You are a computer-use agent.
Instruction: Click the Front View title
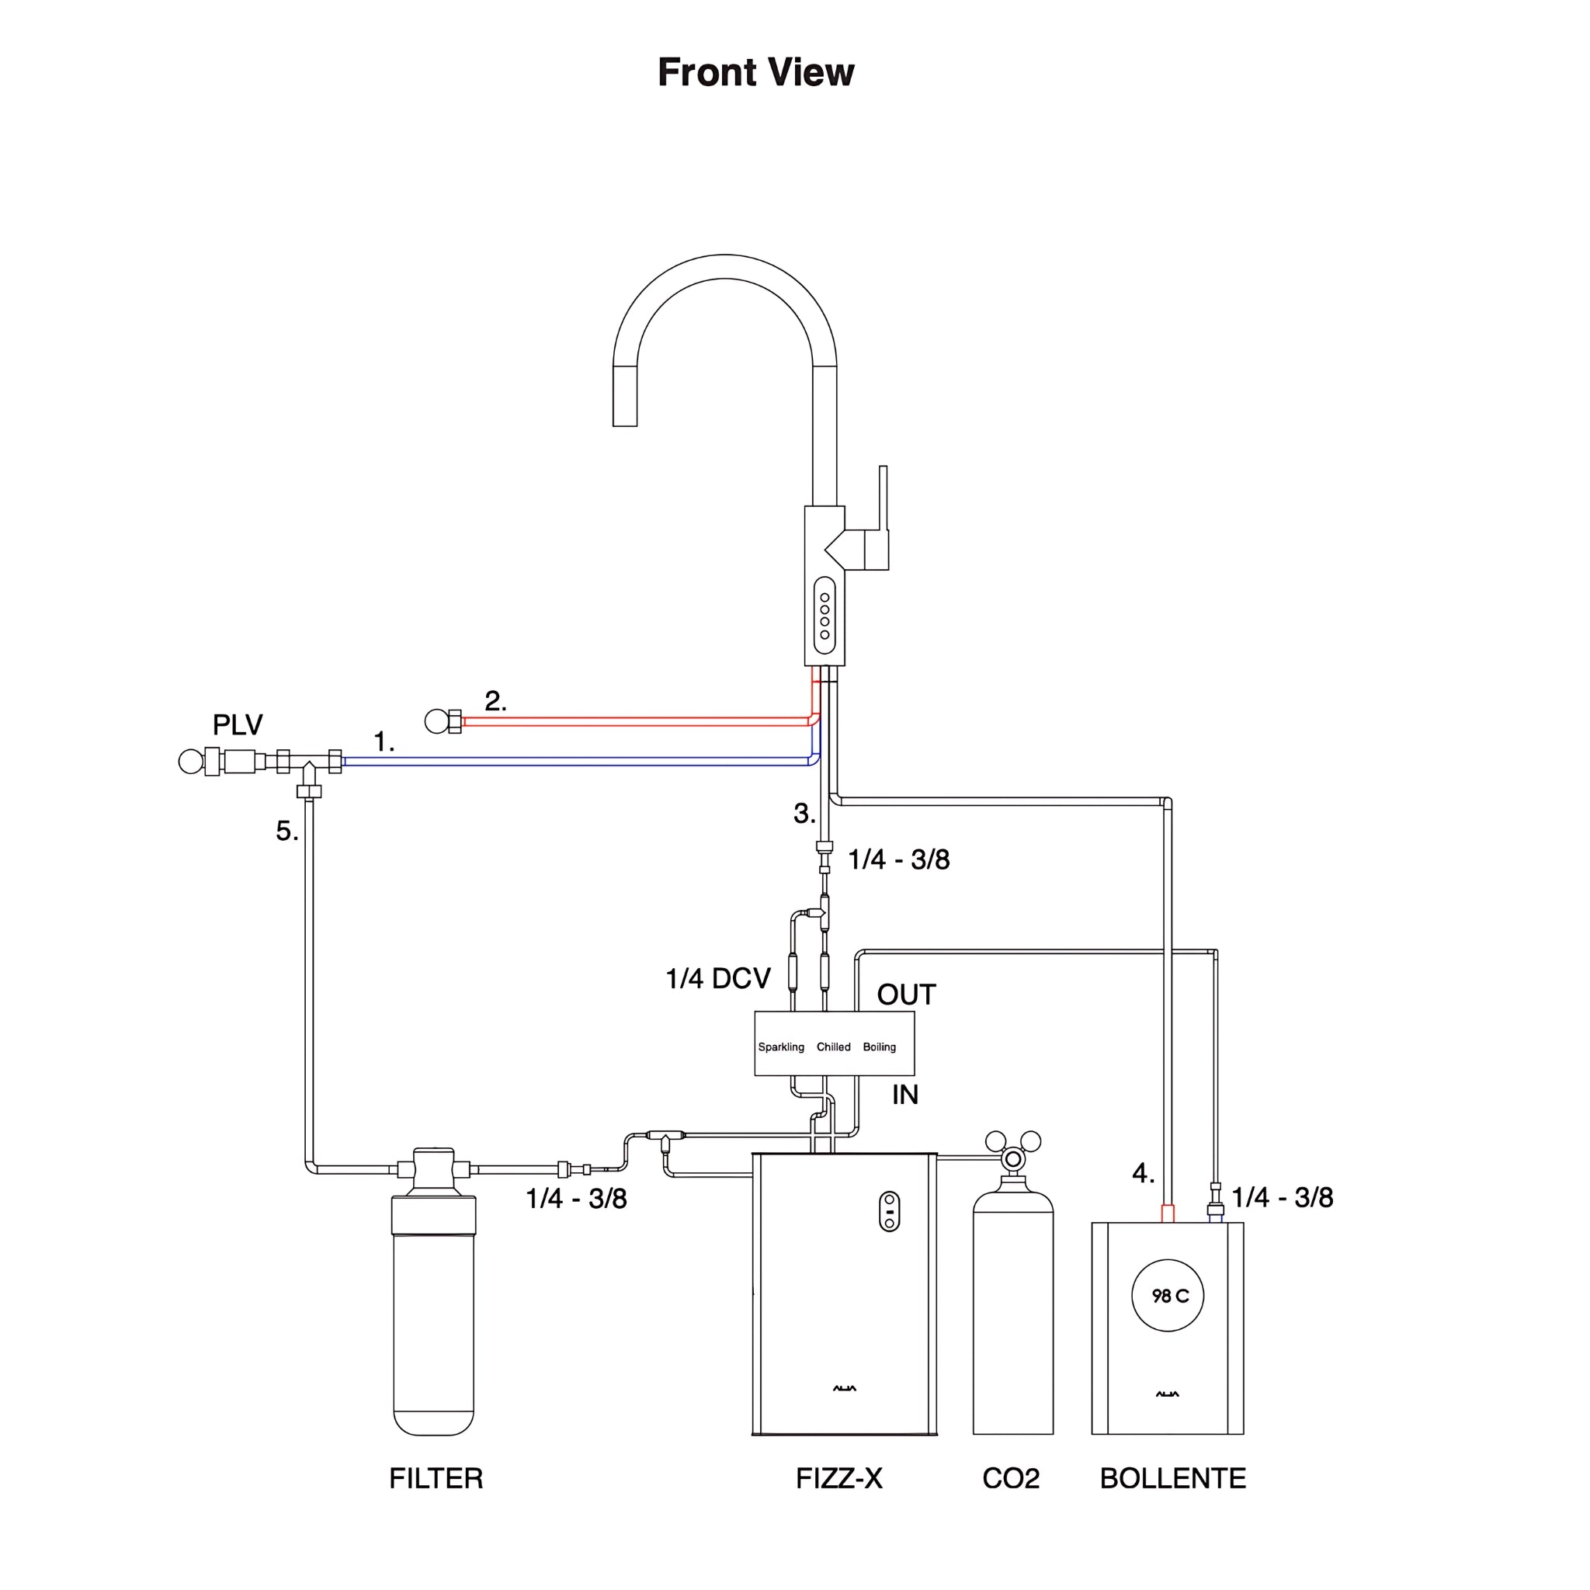click(x=755, y=72)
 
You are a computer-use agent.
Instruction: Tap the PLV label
click(x=237, y=724)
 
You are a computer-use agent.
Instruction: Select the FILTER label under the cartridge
click(x=436, y=1478)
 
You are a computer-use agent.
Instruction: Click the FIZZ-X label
click(x=838, y=1478)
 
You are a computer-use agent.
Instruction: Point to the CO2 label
click(x=1011, y=1478)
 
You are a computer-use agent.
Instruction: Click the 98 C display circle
click(x=1168, y=1296)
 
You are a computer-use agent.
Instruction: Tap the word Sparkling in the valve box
click(x=781, y=1047)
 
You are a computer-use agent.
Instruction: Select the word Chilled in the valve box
click(x=833, y=1047)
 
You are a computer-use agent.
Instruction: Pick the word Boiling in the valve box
click(x=879, y=1047)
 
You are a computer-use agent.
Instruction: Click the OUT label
click(x=906, y=995)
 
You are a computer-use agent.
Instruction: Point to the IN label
click(x=904, y=1095)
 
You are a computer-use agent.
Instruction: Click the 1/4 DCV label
click(x=717, y=978)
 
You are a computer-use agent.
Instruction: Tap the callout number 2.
click(x=495, y=701)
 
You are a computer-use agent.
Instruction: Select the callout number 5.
click(x=286, y=831)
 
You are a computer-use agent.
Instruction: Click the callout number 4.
click(x=1142, y=1173)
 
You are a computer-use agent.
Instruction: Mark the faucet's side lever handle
click(x=882, y=502)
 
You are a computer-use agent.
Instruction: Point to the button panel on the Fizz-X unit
click(x=890, y=1211)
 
